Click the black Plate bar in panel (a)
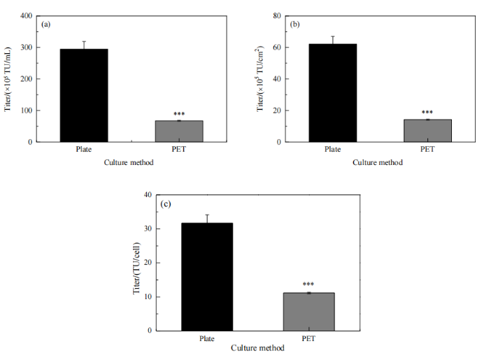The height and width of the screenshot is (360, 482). click(84, 95)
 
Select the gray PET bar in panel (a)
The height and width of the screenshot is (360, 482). click(178, 131)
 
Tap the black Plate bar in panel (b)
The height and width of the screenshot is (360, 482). click(332, 93)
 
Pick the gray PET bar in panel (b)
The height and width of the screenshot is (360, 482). click(427, 131)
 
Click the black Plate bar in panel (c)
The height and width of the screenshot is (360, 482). click(207, 277)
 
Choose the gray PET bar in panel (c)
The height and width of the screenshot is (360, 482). click(309, 312)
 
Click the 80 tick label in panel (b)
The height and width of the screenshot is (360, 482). click(277, 15)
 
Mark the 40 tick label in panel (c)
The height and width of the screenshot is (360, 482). click(148, 195)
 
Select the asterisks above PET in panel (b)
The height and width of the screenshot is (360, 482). click(427, 112)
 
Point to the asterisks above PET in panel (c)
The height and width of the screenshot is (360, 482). click(309, 285)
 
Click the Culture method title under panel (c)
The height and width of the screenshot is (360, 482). click(258, 347)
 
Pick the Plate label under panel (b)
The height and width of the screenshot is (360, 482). click(332, 150)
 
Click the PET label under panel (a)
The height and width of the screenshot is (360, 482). click(178, 150)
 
